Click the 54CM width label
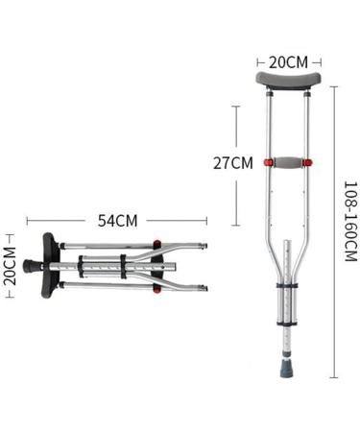point(117,220)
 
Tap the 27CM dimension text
point(232,162)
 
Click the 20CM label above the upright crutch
point(287,61)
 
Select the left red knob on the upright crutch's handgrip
point(267,161)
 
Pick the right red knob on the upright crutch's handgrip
point(307,161)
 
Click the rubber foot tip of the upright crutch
point(288,368)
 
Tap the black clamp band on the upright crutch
point(287,285)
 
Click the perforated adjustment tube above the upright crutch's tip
point(288,336)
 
